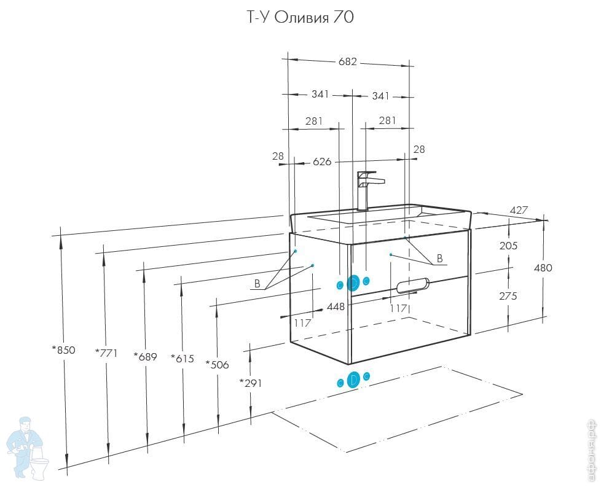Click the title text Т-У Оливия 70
pos(300,18)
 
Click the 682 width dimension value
pos(347,62)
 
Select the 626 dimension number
pos(322,162)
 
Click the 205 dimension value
pos(509,245)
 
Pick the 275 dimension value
pos(508,295)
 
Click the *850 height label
pos(63,350)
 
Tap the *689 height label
pos(145,356)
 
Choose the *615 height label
pos(183,358)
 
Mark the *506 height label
pos(217,364)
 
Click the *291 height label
pos(251,383)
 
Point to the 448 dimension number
pos(335,306)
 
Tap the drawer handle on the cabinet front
pos(414,285)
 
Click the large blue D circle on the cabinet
pos(353,283)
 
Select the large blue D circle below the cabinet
pos(353,380)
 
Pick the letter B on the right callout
pos(439,259)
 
